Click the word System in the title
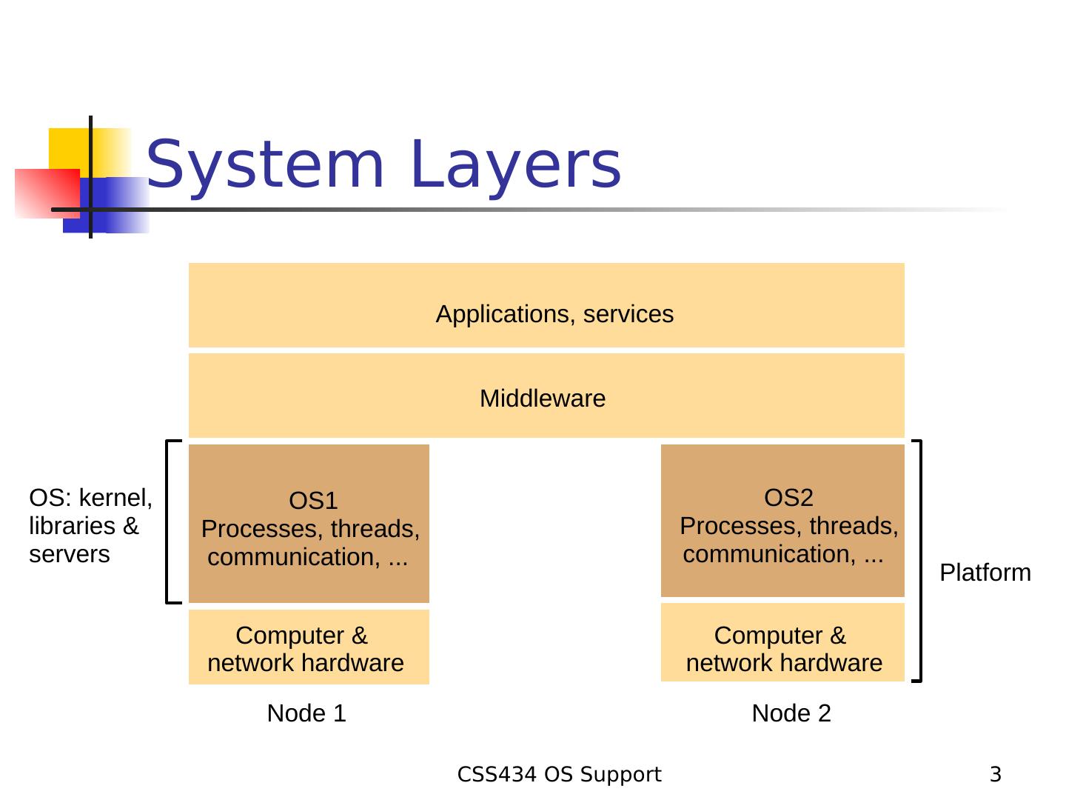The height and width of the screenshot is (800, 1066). coord(265,165)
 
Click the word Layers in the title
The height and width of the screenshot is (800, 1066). coord(516,165)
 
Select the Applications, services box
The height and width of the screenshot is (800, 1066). coord(546,304)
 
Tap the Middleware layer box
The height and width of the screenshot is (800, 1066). coord(546,395)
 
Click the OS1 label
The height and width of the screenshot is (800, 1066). coord(313,500)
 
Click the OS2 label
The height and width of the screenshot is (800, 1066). coord(788,497)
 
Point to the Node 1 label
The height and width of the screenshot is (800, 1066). coord(306,713)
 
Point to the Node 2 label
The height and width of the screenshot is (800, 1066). coord(791,713)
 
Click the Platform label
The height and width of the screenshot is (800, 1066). coord(985,572)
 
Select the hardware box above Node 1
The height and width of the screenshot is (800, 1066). coord(309,647)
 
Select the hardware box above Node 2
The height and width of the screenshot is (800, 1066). coord(782,642)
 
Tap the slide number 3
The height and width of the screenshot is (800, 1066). coord(996,774)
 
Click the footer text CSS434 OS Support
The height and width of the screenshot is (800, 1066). coord(559,774)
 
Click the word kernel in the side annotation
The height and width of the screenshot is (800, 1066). coord(115,497)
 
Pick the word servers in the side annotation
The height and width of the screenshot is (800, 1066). coord(70,554)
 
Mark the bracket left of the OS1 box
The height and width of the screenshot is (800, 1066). coord(173,521)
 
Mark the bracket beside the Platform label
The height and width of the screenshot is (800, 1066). coord(916,561)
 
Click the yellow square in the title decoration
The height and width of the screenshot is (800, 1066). coord(90,153)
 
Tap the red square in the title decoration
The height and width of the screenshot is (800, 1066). coord(47,193)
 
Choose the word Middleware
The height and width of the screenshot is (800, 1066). coord(543,399)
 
